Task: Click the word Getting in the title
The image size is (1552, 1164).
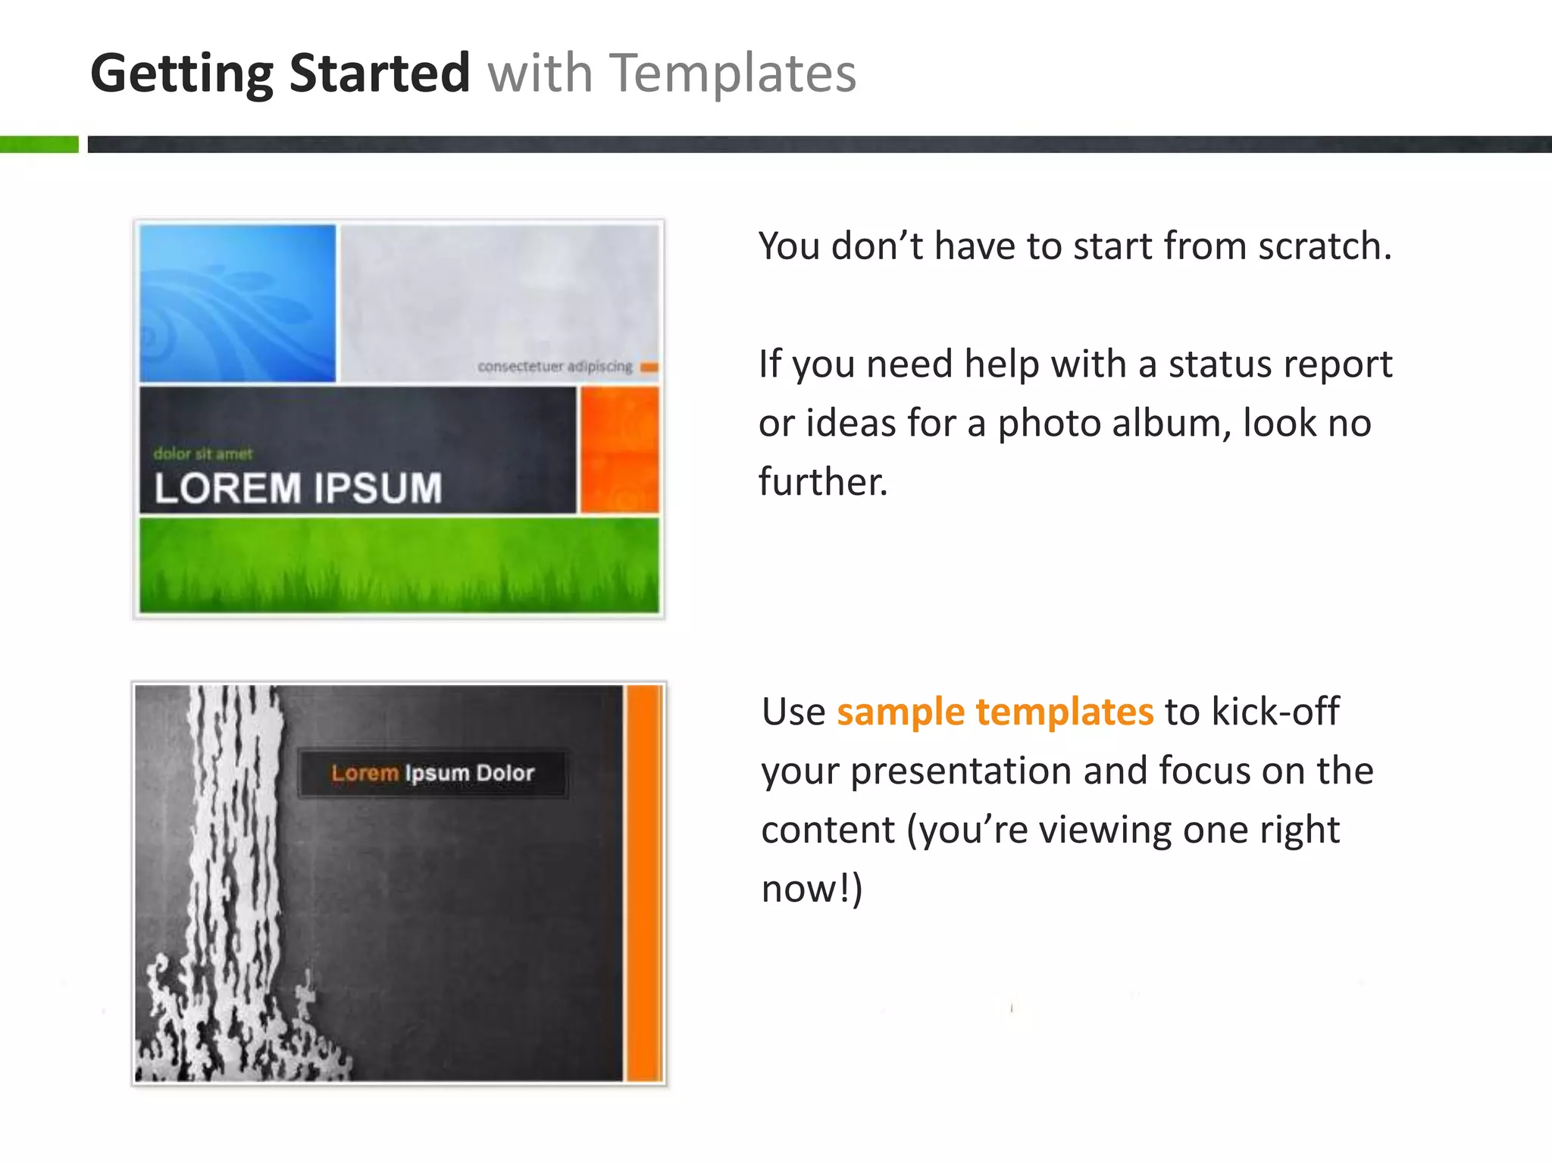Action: [181, 74]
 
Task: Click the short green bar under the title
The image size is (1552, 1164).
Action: [39, 144]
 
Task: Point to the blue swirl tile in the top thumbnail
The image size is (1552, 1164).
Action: [237, 303]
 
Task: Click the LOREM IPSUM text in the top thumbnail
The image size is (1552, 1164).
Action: [298, 487]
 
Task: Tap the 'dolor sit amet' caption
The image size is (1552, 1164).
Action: [202, 454]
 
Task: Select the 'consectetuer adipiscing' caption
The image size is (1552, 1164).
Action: [555, 367]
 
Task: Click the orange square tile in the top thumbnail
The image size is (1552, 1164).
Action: [619, 449]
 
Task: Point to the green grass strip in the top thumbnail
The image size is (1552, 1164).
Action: [399, 565]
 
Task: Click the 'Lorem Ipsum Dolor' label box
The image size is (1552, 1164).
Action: [433, 773]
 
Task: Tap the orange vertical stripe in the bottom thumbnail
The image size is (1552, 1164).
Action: [644, 883]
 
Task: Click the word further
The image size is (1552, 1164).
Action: [822, 481]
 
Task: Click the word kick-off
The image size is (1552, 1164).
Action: [1275, 712]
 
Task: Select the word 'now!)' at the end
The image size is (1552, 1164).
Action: [812, 888]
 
